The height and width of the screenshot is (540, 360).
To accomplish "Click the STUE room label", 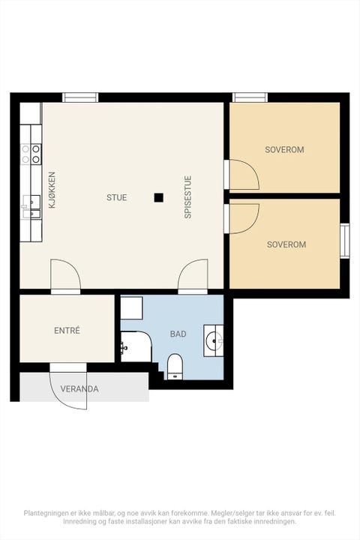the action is click(x=116, y=198).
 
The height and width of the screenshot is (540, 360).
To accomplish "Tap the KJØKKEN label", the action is click(x=52, y=190).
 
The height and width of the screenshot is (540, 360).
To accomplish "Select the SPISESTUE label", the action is click(x=187, y=197).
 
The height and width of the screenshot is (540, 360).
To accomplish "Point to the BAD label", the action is click(x=178, y=334).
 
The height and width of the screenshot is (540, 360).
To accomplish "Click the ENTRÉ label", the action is click(x=67, y=331).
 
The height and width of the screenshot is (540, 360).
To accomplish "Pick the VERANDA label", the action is click(x=79, y=389).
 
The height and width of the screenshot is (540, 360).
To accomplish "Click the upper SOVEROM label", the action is click(x=284, y=150).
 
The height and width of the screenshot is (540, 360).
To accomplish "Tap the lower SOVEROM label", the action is click(x=286, y=244).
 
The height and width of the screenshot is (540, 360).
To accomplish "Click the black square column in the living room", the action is click(x=158, y=198).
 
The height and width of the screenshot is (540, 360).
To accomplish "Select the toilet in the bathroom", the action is click(x=175, y=367).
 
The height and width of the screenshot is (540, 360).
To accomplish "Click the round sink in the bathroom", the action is click(x=214, y=340).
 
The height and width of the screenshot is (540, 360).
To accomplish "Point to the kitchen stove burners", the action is click(x=31, y=154).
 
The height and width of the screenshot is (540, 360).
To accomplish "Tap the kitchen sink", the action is click(x=31, y=207).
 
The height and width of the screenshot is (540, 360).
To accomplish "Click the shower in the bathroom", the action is click(x=136, y=346).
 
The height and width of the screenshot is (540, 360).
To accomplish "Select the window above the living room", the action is click(x=80, y=97).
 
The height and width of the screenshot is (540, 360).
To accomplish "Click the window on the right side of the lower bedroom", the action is click(x=345, y=241).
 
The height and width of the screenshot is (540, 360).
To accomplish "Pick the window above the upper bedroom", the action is click(x=250, y=97).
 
